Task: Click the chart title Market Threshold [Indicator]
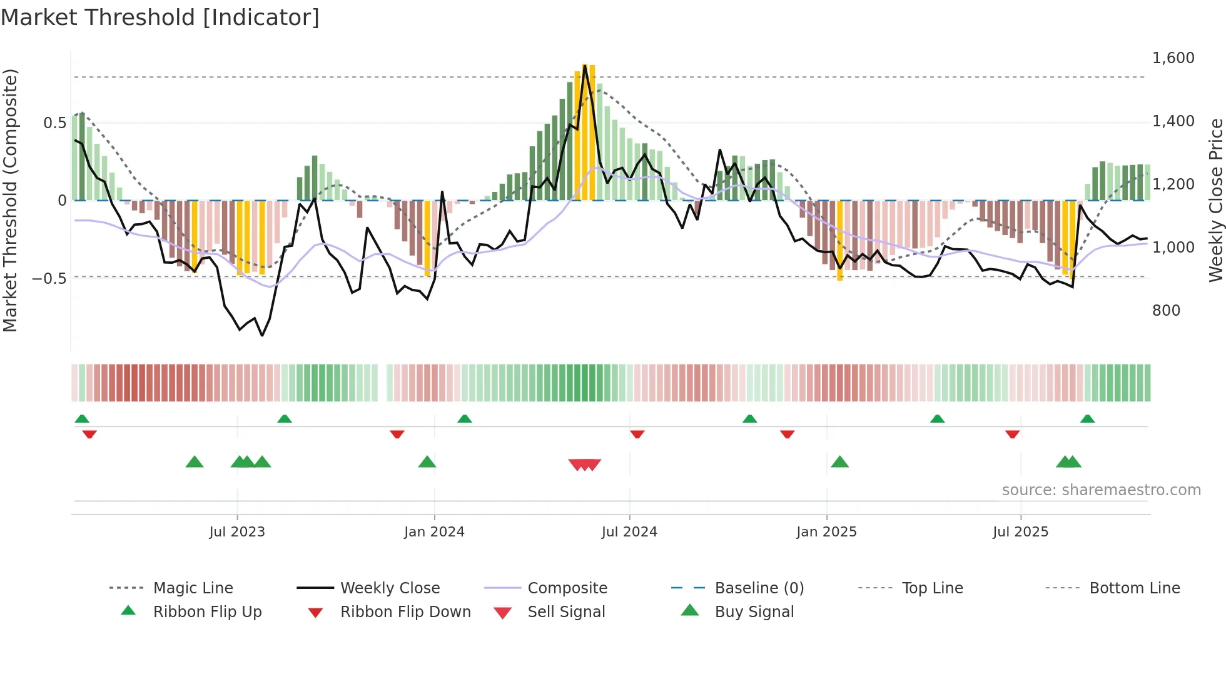pyautogui.click(x=160, y=18)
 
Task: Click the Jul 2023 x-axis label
pyautogui.click(x=237, y=532)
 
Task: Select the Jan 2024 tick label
pyautogui.click(x=434, y=532)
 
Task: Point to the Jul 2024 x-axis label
pyautogui.click(x=629, y=532)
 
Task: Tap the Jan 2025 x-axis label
pyautogui.click(x=826, y=532)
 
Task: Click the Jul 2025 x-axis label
pyautogui.click(x=1020, y=532)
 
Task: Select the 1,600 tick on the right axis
pyautogui.click(x=1173, y=58)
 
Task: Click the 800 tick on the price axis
pyautogui.click(x=1166, y=311)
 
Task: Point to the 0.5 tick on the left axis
pyautogui.click(x=54, y=123)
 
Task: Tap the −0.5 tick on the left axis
pyautogui.click(x=49, y=278)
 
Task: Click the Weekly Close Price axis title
pyautogui.click(x=1215, y=200)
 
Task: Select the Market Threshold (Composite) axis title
pyautogui.click(x=10, y=200)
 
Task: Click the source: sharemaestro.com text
pyautogui.click(x=1101, y=490)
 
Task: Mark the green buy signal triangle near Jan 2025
pyautogui.click(x=839, y=462)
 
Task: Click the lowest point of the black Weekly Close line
pyautogui.click(x=262, y=336)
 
